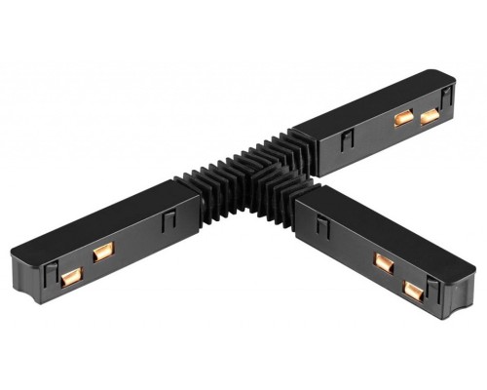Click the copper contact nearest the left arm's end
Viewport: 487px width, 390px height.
point(69,278)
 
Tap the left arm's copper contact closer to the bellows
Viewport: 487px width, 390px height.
point(100,253)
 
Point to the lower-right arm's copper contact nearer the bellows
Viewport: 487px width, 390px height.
point(383,262)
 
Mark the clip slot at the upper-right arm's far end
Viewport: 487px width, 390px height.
point(447,95)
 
